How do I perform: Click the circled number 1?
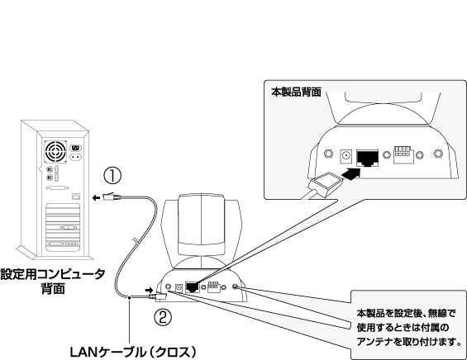pyautogui.click(x=112, y=176)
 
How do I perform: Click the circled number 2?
pyautogui.click(x=163, y=317)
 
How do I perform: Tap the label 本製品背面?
pyautogui.click(x=296, y=92)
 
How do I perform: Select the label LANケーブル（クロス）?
pyautogui.click(x=133, y=353)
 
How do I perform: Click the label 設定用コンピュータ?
pyautogui.click(x=53, y=274)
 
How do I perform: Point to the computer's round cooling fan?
pyautogui.click(x=55, y=152)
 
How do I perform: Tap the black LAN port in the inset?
pyautogui.click(x=368, y=158)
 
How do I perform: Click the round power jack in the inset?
pyautogui.click(x=345, y=156)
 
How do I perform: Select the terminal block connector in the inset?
pyautogui.click(x=403, y=154)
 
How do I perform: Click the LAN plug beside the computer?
pyautogui.click(x=112, y=197)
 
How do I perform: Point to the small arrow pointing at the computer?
pyautogui.click(x=96, y=198)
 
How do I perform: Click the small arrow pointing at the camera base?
pyautogui.click(x=149, y=290)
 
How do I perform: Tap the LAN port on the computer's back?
pyautogui.click(x=76, y=197)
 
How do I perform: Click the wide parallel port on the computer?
pyautogui.click(x=58, y=187)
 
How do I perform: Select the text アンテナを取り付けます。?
pyautogui.click(x=409, y=342)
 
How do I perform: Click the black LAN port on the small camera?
pyautogui.click(x=193, y=287)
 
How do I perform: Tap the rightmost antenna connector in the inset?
pyautogui.click(x=438, y=154)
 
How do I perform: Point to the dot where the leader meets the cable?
pyautogui.click(x=130, y=297)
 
